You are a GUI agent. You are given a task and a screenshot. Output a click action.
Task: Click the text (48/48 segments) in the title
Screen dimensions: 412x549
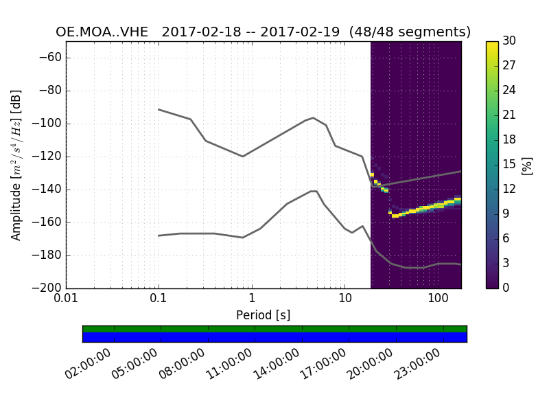click(x=410, y=32)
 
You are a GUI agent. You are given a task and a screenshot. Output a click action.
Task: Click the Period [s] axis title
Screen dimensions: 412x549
click(x=263, y=315)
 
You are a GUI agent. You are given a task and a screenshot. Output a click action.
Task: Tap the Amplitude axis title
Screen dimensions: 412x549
click(x=16, y=165)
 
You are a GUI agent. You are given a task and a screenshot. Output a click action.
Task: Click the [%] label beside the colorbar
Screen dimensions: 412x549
click(x=527, y=165)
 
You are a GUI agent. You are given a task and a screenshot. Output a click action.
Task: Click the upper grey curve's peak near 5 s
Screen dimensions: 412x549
click(x=314, y=118)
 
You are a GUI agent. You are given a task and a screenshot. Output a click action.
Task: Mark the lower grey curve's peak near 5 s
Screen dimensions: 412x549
click(x=314, y=191)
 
